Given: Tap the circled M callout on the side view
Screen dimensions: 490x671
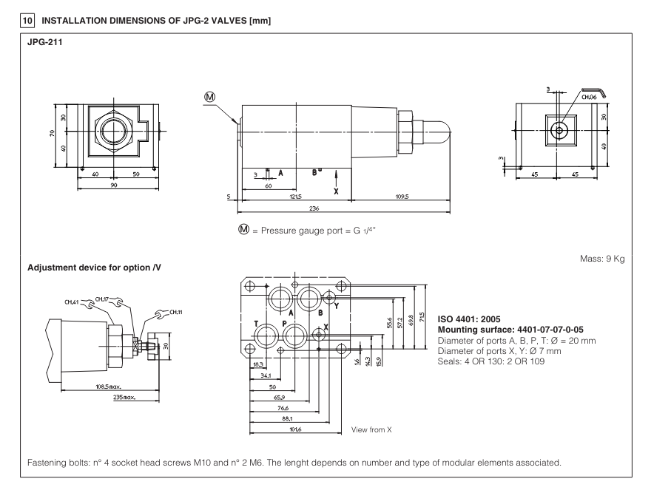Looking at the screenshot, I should (x=210, y=98).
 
